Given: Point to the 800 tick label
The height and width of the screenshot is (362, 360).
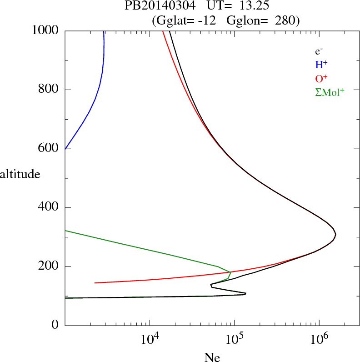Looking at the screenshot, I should point(49,90).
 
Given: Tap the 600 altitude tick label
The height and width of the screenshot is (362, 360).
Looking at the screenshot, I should point(49,149).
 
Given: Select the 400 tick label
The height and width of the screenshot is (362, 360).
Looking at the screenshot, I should point(49,208).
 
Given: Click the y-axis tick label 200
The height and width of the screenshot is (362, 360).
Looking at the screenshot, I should point(49,266).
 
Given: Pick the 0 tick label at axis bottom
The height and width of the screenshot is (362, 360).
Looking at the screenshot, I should point(55,326).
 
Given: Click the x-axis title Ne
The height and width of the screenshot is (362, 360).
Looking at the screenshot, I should point(212,357).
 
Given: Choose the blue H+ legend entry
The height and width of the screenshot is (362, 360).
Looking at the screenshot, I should point(321,65).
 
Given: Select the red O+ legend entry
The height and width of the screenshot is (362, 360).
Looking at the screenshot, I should point(321,78).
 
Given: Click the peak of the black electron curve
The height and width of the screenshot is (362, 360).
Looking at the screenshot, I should point(335,234).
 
